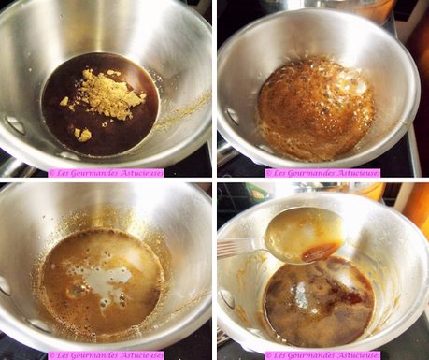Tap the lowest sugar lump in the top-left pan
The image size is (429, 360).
(83, 136)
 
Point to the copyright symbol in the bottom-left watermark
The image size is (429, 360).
(51, 355)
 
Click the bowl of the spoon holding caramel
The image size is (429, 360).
(306, 236)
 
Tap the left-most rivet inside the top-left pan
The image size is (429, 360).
(16, 124)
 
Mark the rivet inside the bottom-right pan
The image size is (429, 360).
(227, 298)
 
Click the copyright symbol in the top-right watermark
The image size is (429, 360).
(268, 173)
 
